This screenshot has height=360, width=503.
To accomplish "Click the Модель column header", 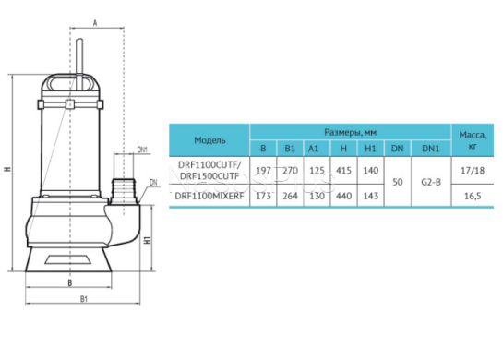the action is [210, 140].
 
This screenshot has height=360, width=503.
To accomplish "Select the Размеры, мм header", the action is [351, 132].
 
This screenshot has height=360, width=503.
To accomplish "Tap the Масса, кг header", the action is [473, 140].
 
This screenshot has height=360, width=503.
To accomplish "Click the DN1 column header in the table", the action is [430, 149].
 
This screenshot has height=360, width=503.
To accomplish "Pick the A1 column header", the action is [313, 149].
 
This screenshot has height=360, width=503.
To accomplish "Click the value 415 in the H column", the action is [343, 171].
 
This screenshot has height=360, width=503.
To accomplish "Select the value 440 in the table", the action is [343, 196].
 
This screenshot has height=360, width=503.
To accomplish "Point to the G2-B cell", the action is [431, 182].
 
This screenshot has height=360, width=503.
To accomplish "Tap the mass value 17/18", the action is [473, 171].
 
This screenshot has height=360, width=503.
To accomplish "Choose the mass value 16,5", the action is [473, 196].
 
